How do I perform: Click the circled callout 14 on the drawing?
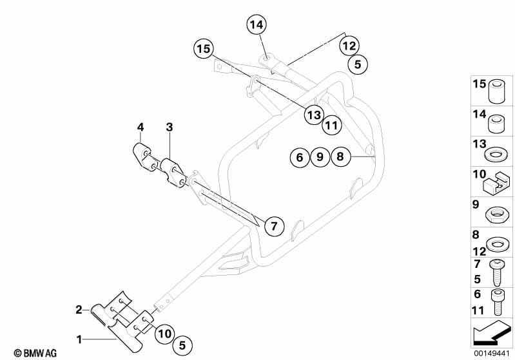(257, 24)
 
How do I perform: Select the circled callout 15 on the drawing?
(203, 49)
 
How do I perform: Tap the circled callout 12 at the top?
(349, 46)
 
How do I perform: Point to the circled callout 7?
(274, 226)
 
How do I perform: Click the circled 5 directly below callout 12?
(358, 64)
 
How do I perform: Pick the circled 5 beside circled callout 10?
(182, 345)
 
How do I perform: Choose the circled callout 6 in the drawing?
(300, 157)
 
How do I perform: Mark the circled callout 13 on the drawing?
(314, 115)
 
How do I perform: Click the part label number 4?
(141, 127)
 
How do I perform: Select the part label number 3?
(169, 127)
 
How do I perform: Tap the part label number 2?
(79, 309)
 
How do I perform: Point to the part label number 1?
(79, 339)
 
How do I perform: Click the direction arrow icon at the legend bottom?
(492, 333)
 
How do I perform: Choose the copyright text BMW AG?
(35, 353)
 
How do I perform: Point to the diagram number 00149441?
(491, 354)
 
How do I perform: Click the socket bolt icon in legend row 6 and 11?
(496, 302)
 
